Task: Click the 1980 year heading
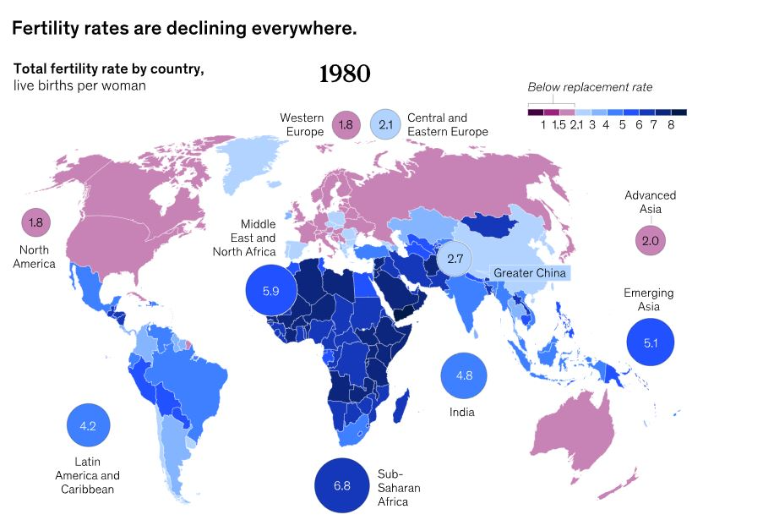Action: [345, 74]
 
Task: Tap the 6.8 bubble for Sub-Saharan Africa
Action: [341, 486]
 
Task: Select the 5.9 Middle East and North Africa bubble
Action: [270, 291]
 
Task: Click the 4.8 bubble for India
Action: [464, 374]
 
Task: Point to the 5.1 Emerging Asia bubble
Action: [651, 343]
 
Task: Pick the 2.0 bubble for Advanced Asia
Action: [650, 241]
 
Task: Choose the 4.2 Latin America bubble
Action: [88, 425]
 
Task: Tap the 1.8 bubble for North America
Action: [35, 223]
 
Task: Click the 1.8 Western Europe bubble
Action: [346, 125]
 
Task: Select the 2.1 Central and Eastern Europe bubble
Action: [386, 125]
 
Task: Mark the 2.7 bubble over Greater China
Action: [455, 259]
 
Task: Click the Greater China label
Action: [529, 273]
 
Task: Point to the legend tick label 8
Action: [670, 125]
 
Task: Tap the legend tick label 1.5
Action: [558, 125]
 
